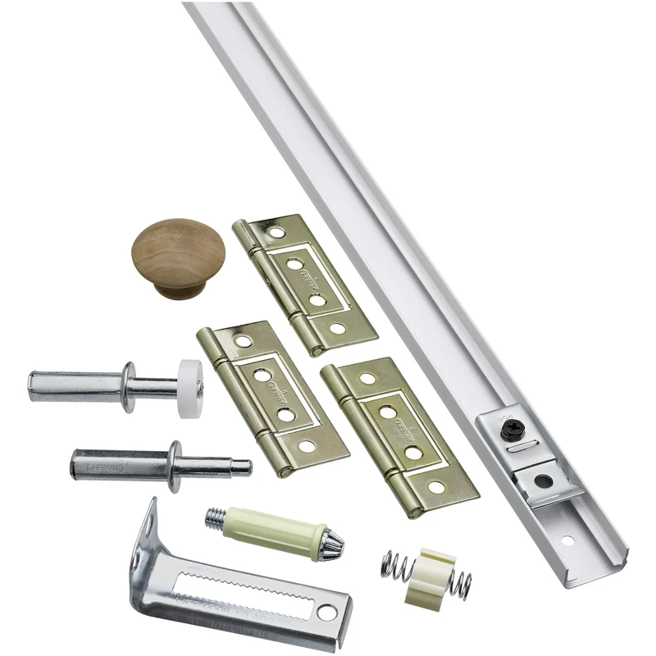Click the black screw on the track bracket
click(x=511, y=426)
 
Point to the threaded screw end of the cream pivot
click(x=214, y=517)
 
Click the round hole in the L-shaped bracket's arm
click(x=329, y=611)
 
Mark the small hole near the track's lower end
click(x=565, y=541)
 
